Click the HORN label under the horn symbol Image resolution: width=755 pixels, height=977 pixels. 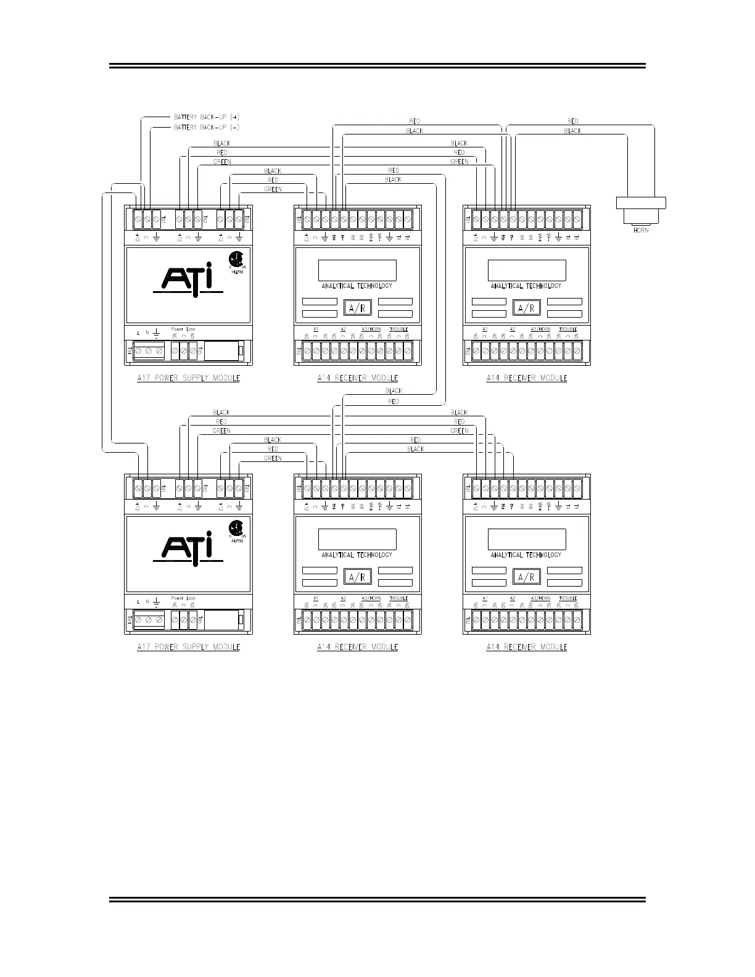click(641, 230)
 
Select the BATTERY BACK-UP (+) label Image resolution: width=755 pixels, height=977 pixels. click(206, 117)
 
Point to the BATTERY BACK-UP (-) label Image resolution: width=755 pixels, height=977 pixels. click(206, 127)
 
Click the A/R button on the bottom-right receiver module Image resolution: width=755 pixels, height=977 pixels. click(526, 577)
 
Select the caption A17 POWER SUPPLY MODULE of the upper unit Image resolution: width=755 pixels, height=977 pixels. click(188, 377)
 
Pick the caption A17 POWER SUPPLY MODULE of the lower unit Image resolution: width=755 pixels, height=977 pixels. click(188, 647)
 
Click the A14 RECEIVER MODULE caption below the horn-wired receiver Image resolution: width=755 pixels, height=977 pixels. click(526, 377)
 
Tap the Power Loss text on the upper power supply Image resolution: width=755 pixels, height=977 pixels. click(183, 329)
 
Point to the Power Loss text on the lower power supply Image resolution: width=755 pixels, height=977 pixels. click(183, 598)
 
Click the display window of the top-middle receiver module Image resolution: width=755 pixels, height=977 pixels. click(357, 270)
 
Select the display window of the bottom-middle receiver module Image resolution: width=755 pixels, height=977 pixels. click(357, 539)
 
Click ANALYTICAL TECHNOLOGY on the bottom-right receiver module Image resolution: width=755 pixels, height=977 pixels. click(526, 554)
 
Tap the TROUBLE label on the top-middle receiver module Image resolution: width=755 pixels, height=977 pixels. click(398, 329)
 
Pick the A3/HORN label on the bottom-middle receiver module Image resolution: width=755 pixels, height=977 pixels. click(371, 598)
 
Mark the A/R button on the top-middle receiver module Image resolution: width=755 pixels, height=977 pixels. click(357, 308)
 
